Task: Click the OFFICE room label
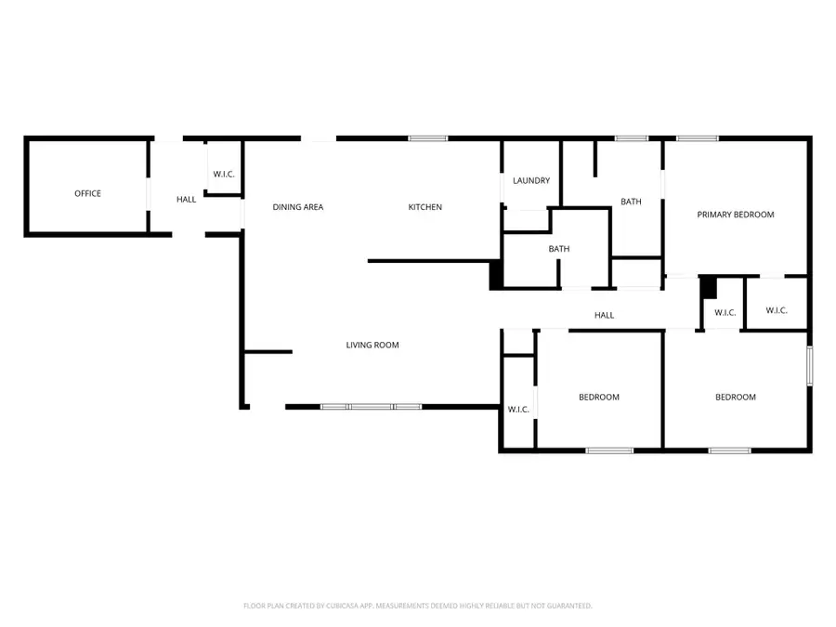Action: pyautogui.click(x=87, y=193)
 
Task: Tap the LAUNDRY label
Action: pyautogui.click(x=531, y=180)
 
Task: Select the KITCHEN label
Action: pyautogui.click(x=425, y=207)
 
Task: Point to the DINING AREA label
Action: pyautogui.click(x=297, y=207)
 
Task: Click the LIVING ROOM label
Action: pyautogui.click(x=372, y=346)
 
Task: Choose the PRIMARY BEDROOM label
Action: pyautogui.click(x=736, y=215)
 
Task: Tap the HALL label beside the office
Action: pyautogui.click(x=187, y=200)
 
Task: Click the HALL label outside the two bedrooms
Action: pyautogui.click(x=604, y=316)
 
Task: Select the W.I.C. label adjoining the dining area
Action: pyautogui.click(x=223, y=174)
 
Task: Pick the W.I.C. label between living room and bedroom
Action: pyautogui.click(x=518, y=410)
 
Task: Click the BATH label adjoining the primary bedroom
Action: pyautogui.click(x=632, y=202)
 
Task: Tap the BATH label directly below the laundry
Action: pyautogui.click(x=559, y=249)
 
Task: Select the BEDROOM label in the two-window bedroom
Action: pyautogui.click(x=735, y=398)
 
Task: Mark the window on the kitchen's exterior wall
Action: pyautogui.click(x=427, y=139)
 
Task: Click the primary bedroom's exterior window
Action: pyautogui.click(x=697, y=139)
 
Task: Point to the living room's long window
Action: pyautogui.click(x=371, y=406)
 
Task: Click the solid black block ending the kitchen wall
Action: pyautogui.click(x=496, y=274)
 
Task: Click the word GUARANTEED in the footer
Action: pyautogui.click(x=568, y=606)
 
